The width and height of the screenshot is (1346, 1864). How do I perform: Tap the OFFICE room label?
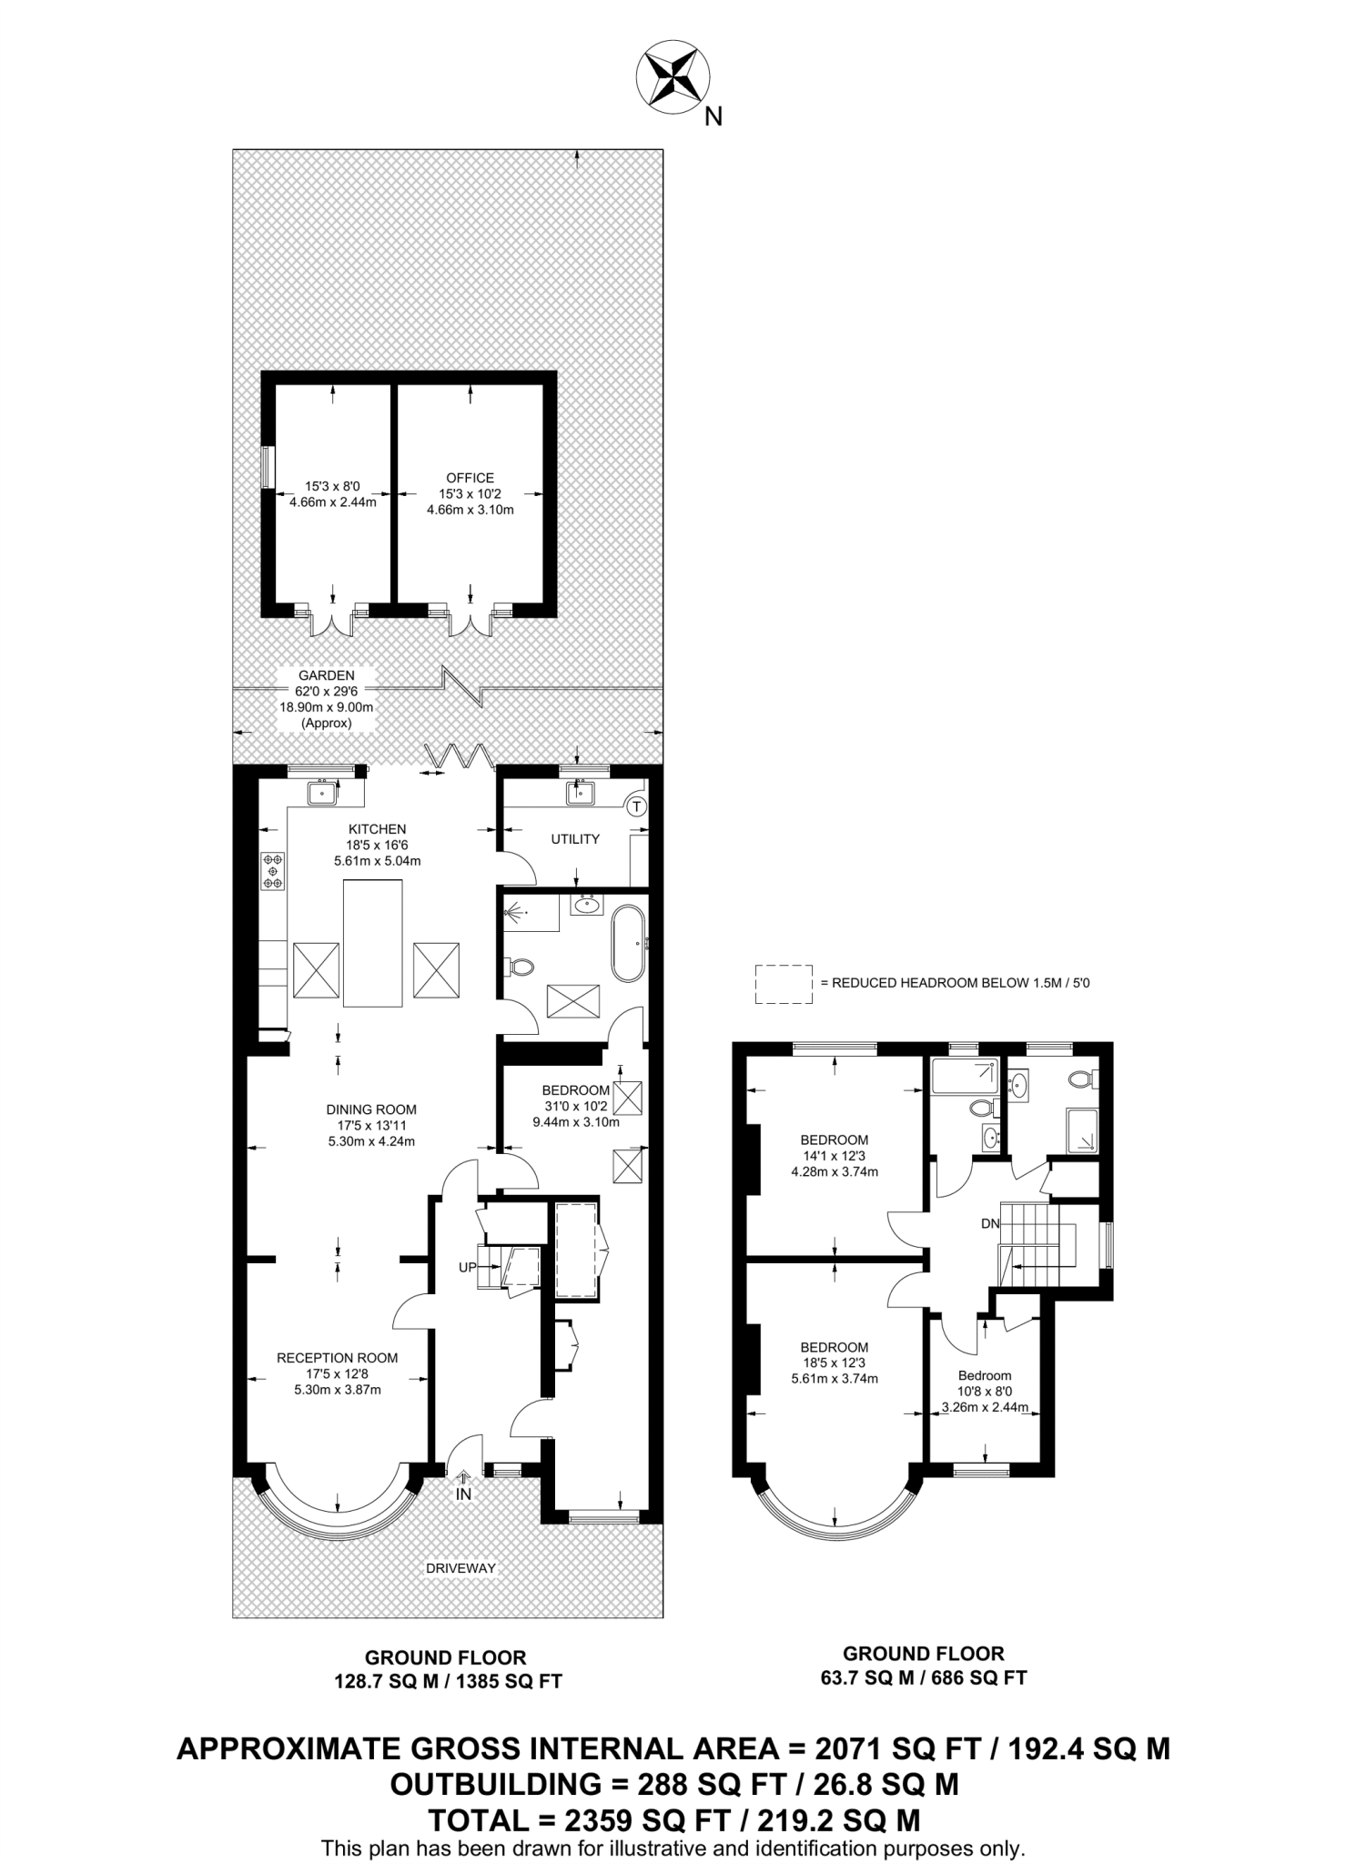pyautogui.click(x=470, y=478)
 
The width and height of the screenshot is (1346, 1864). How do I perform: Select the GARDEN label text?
pyautogui.click(x=326, y=675)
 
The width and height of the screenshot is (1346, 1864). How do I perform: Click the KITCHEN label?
pyautogui.click(x=377, y=829)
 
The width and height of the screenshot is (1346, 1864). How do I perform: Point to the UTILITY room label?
pyautogui.click(x=575, y=839)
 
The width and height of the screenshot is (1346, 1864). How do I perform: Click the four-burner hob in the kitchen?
pyautogui.click(x=272, y=871)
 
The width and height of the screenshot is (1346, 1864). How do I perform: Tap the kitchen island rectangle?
pyautogui.click(x=373, y=943)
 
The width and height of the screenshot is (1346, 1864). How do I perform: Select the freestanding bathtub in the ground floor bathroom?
pyautogui.click(x=628, y=943)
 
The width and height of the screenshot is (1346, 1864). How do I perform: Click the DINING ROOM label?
pyautogui.click(x=371, y=1109)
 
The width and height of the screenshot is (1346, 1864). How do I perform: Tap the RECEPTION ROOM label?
pyautogui.click(x=337, y=1358)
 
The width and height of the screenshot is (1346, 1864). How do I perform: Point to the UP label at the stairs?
pyautogui.click(x=467, y=1267)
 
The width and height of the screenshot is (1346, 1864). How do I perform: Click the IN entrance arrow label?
pyautogui.click(x=463, y=1494)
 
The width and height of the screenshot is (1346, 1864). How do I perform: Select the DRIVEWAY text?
pyautogui.click(x=461, y=1568)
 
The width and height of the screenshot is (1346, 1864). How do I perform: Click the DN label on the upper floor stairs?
pyautogui.click(x=990, y=1224)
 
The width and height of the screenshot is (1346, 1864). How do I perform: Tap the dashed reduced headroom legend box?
pyautogui.click(x=783, y=984)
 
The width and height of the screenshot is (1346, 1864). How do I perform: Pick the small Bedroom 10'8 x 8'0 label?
pyautogui.click(x=985, y=1375)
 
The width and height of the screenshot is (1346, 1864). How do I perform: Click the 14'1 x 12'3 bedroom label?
pyautogui.click(x=834, y=1156)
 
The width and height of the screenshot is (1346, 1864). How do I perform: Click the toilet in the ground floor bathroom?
pyautogui.click(x=521, y=966)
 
